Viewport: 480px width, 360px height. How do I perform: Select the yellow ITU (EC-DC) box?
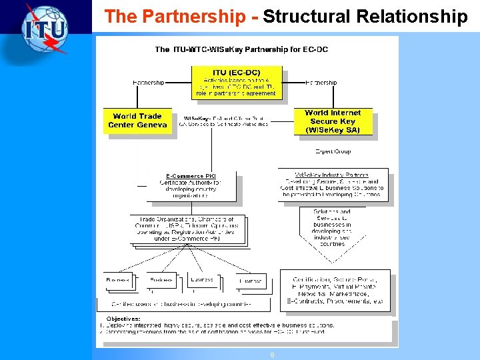tap(237, 83)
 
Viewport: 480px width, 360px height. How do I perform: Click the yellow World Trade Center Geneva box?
tap(137, 121)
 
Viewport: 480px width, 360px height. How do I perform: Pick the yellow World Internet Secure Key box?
tap(333, 121)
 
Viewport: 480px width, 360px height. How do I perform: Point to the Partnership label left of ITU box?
tap(148, 83)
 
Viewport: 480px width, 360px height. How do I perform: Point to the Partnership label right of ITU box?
tap(321, 83)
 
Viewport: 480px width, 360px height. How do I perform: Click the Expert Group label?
tap(333, 151)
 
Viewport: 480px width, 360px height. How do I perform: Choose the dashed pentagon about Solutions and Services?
tap(331, 230)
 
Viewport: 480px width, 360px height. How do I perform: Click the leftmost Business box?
tap(118, 281)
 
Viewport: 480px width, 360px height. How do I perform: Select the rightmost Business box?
tap(251, 281)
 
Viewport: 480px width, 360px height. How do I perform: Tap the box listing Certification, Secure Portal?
tap(334, 291)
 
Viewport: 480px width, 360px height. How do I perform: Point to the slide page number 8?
tap(272, 355)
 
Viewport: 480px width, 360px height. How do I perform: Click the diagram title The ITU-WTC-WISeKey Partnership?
tap(241, 49)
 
